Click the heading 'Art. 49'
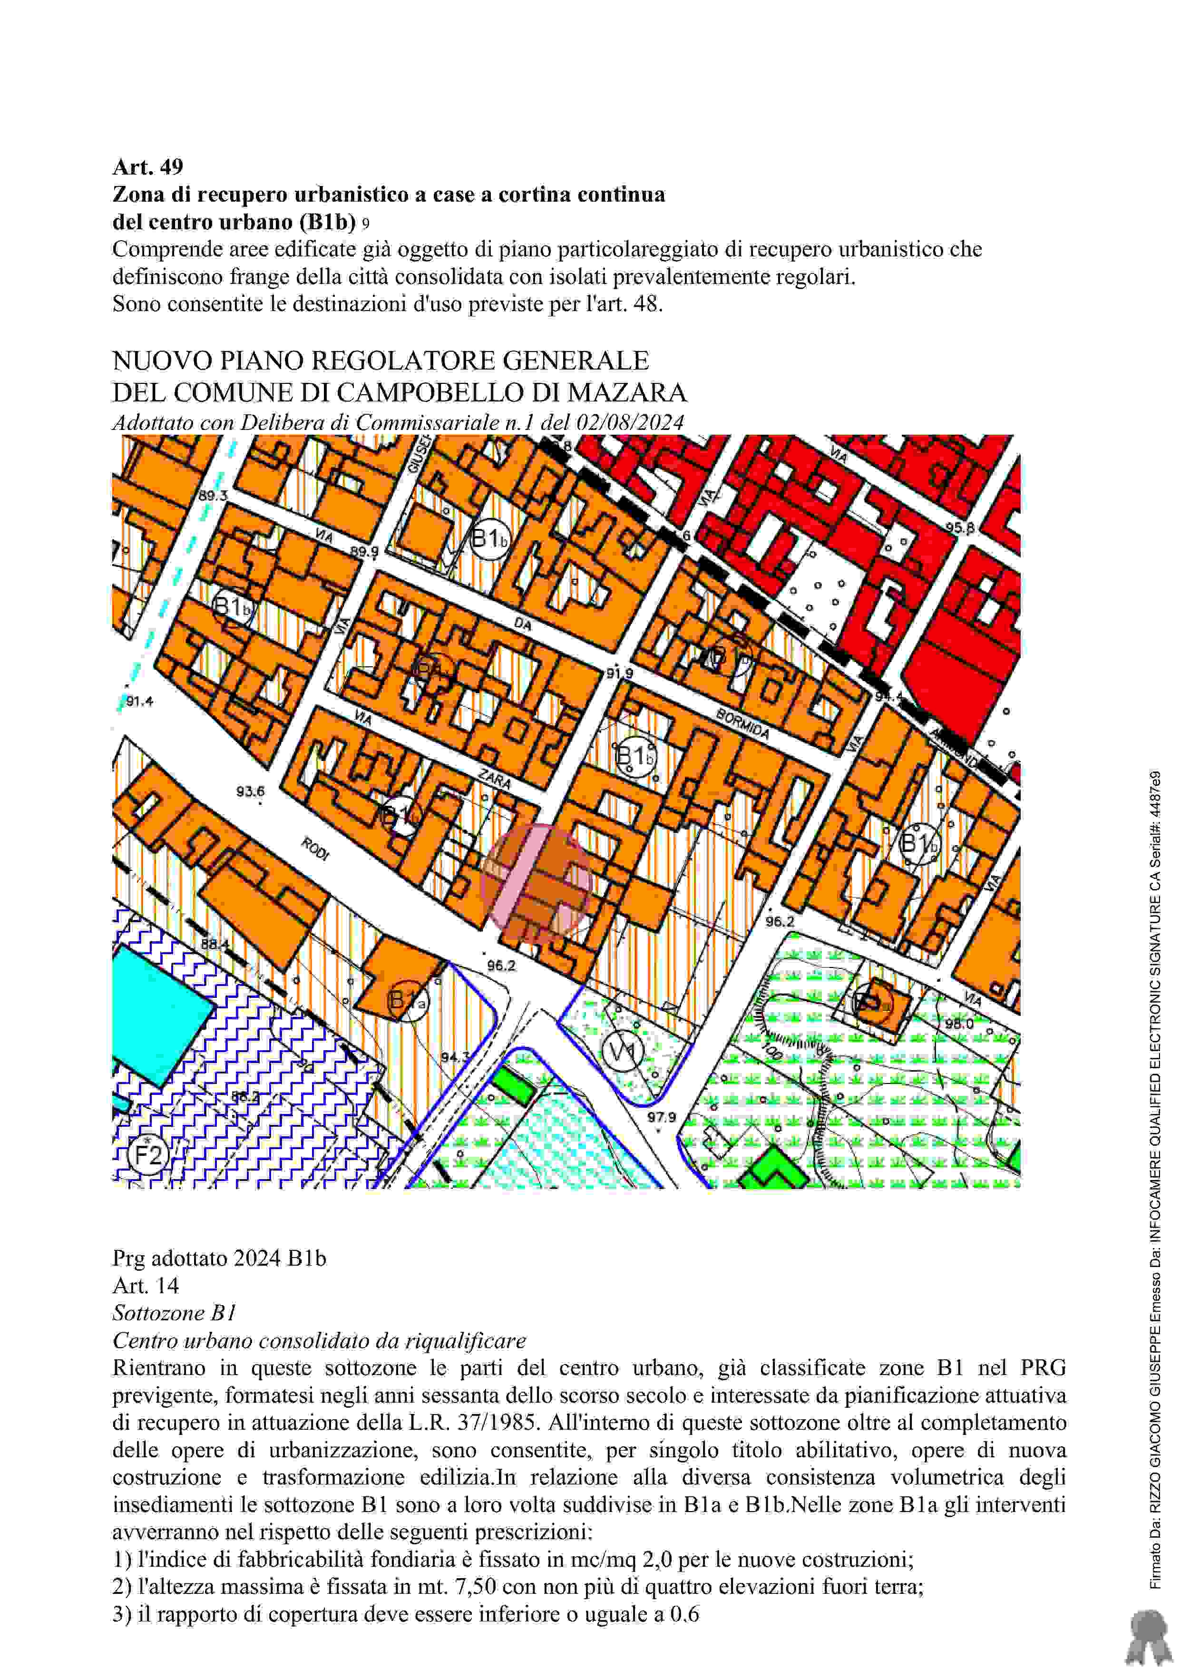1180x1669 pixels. (x=147, y=167)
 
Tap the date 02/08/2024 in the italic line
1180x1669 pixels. (x=630, y=422)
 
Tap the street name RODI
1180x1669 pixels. (x=315, y=849)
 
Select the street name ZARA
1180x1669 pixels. (x=494, y=779)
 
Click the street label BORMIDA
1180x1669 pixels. (x=742, y=724)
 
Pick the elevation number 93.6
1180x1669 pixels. (x=250, y=791)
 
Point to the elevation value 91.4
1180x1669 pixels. (x=140, y=702)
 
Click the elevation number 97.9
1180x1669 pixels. (x=662, y=1117)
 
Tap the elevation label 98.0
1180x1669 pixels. (x=959, y=1024)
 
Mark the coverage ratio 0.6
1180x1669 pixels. (x=684, y=1614)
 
